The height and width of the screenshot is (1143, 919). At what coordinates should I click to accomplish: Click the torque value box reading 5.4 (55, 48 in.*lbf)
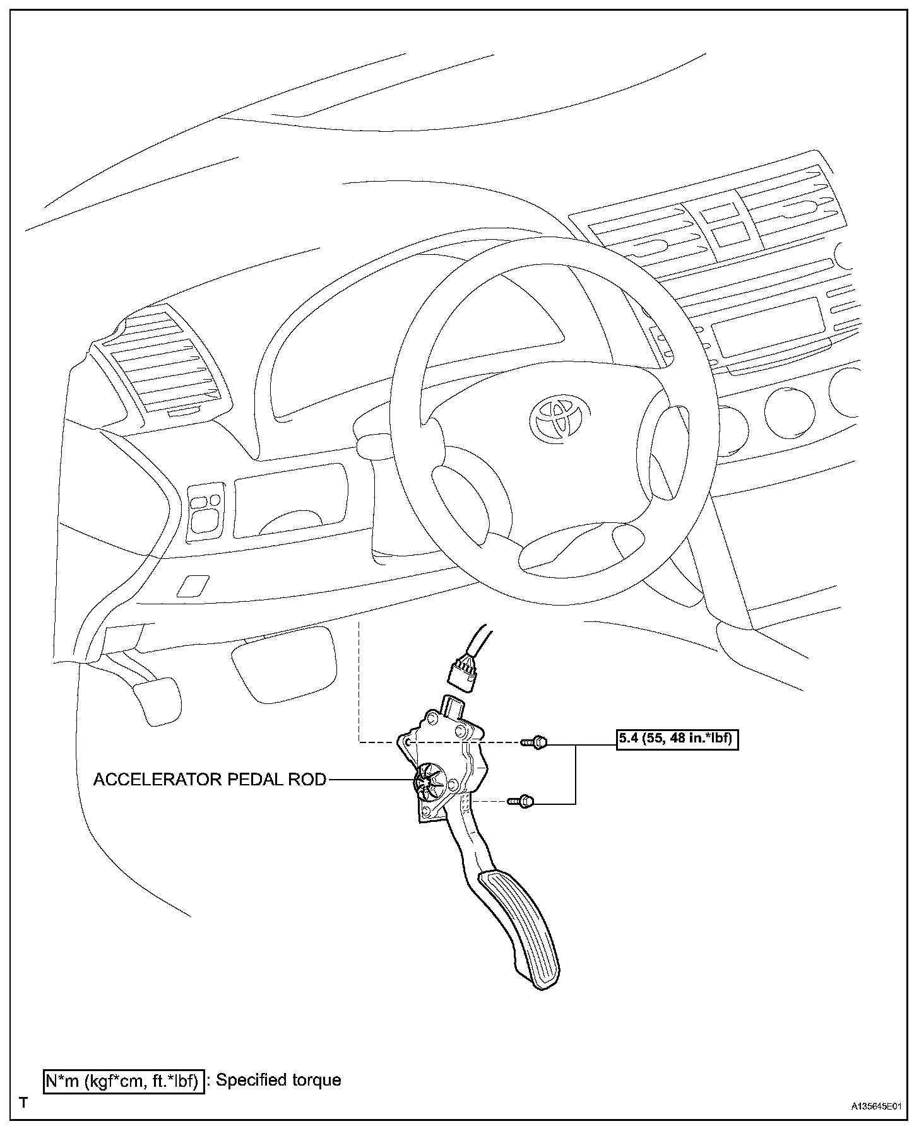coord(677,739)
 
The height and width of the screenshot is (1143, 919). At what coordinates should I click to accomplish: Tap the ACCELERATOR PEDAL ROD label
coord(210,780)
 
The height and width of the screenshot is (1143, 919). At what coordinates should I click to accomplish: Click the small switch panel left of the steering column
coord(205,511)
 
